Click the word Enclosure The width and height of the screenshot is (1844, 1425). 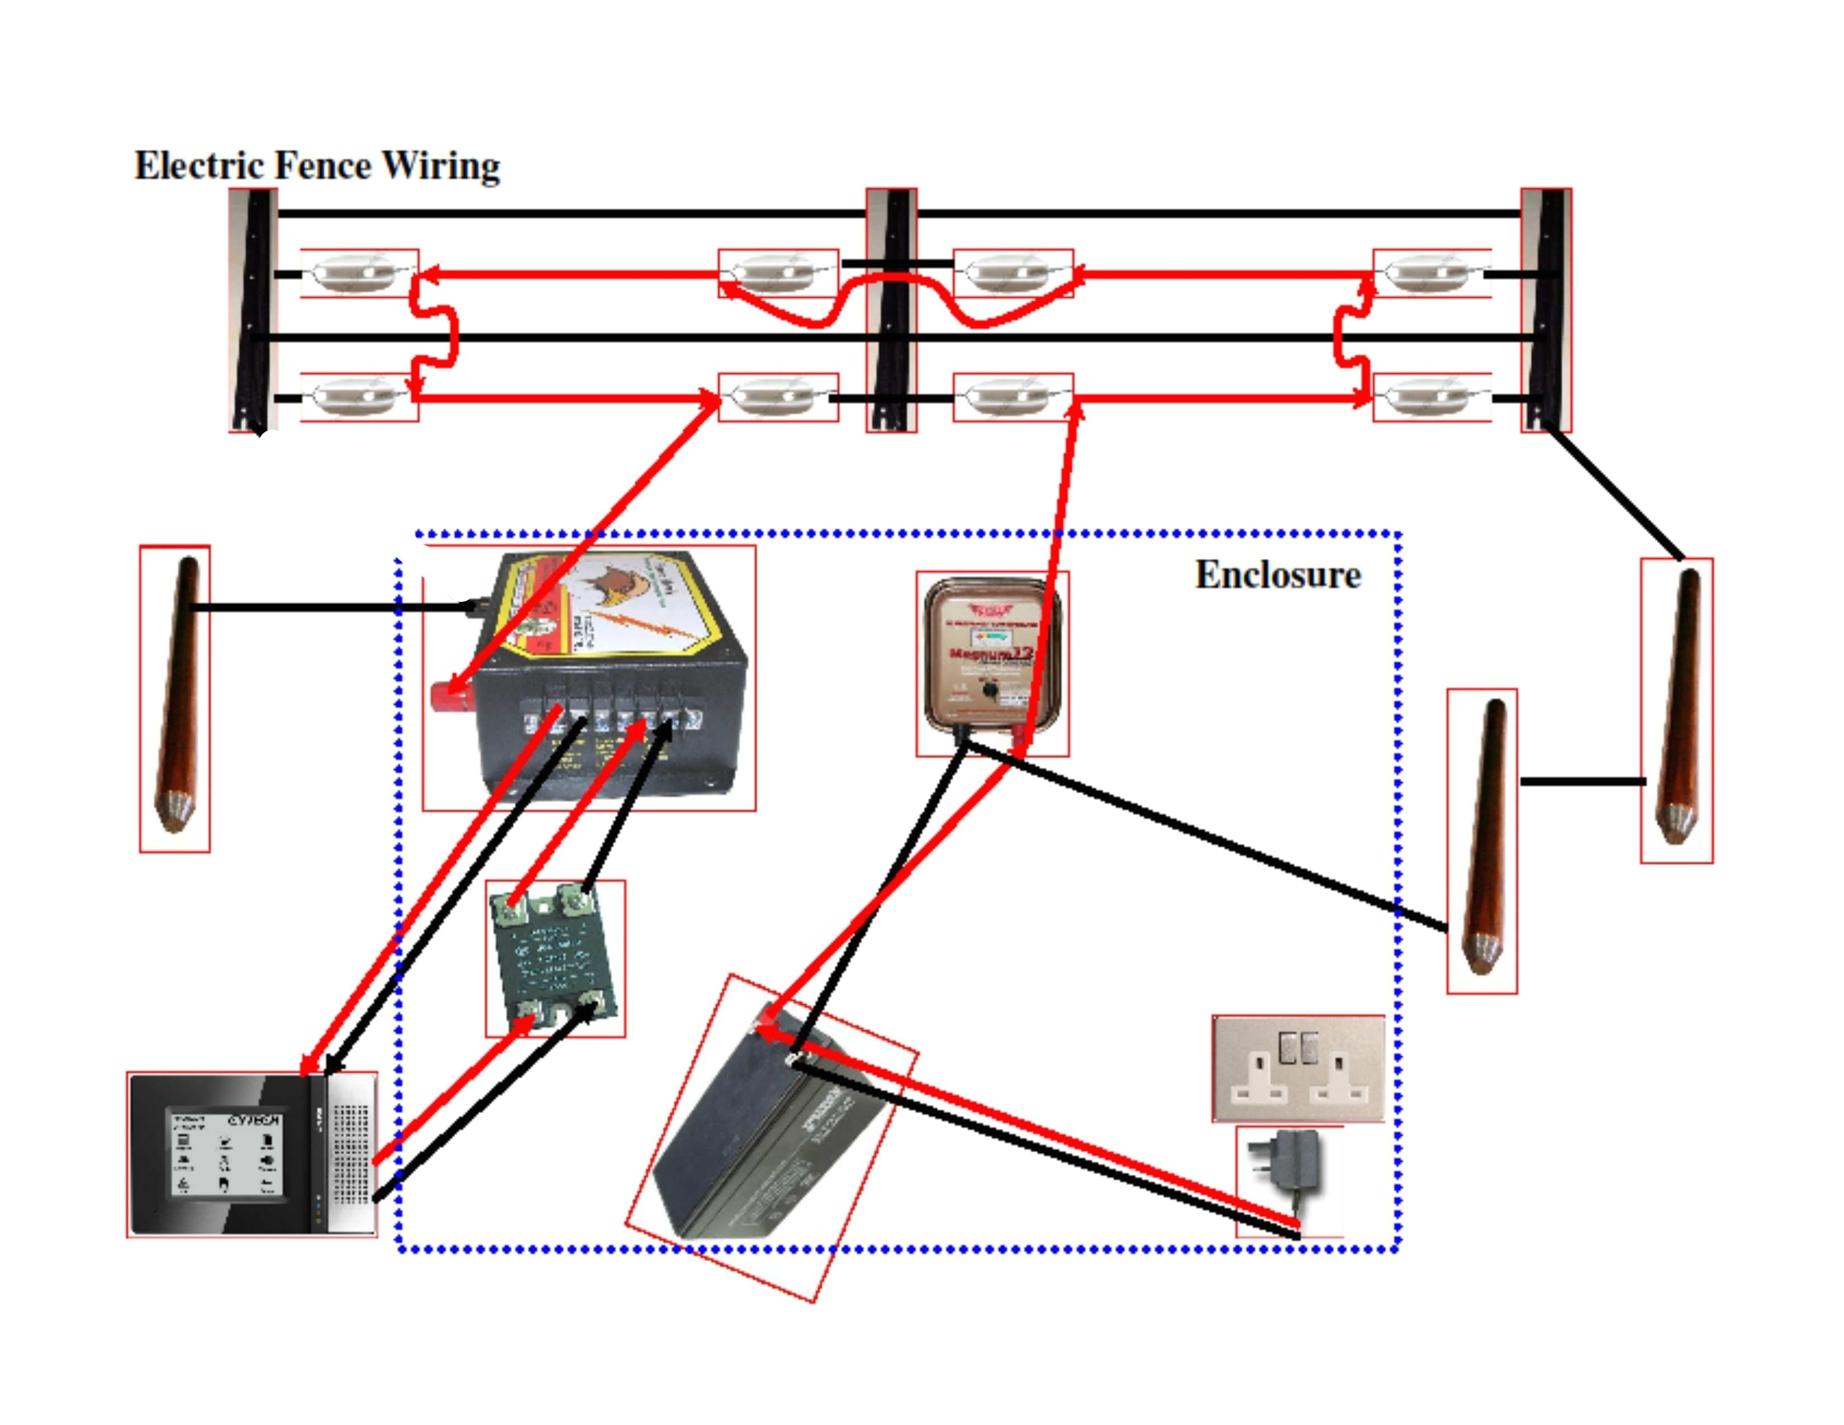1277,576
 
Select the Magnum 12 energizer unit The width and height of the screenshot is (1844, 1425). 992,654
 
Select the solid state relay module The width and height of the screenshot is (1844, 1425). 554,958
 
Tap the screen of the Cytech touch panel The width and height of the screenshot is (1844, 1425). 225,1152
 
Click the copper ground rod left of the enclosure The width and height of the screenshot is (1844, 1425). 175,696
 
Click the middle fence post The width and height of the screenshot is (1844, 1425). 892,311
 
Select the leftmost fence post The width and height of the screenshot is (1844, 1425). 253,311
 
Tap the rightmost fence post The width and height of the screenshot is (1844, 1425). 1547,311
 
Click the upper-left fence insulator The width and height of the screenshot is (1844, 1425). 359,273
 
